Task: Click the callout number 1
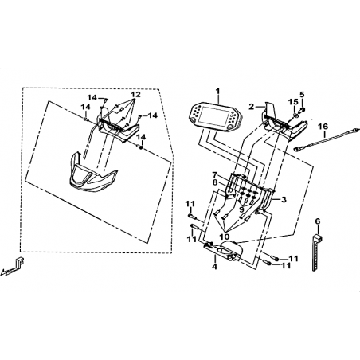pyautogui.click(x=217, y=92)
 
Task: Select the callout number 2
pyautogui.click(x=252, y=107)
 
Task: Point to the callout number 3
pyautogui.click(x=284, y=199)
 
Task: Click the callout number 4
pyautogui.click(x=214, y=266)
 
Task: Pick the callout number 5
pyautogui.click(x=302, y=94)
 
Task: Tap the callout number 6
pyautogui.click(x=318, y=221)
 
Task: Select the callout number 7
pyautogui.click(x=215, y=175)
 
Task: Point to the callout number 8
pyautogui.click(x=215, y=182)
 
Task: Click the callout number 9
pyautogui.click(x=241, y=209)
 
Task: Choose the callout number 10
pyautogui.click(x=225, y=236)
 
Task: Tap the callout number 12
pyautogui.click(x=135, y=94)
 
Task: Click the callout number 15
pyautogui.click(x=293, y=101)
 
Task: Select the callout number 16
pyautogui.click(x=323, y=127)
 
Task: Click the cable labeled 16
pyautogui.click(x=327, y=139)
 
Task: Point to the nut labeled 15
pyautogui.click(x=295, y=115)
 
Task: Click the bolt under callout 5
pyautogui.click(x=302, y=109)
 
